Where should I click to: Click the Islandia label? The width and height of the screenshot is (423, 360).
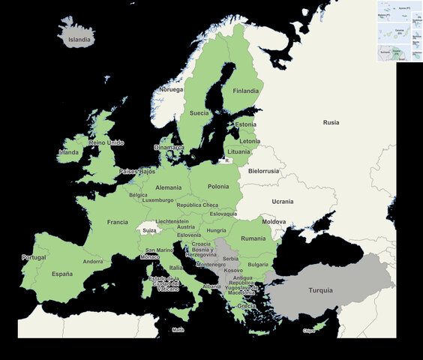click(79, 40)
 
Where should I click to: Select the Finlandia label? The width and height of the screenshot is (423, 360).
click(245, 91)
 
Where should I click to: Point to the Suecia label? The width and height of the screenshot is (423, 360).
click(199, 113)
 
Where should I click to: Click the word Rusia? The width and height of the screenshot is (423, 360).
click(331, 122)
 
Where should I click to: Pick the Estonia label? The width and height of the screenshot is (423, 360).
click(245, 124)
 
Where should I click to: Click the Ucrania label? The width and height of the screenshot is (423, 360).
click(283, 202)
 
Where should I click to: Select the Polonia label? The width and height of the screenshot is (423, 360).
click(218, 186)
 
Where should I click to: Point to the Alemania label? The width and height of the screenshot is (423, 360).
click(169, 187)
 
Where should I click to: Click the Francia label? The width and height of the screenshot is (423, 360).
click(118, 222)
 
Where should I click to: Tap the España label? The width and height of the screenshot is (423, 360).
click(62, 274)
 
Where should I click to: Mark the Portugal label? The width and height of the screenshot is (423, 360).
click(34, 257)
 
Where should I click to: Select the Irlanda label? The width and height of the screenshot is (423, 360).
click(69, 152)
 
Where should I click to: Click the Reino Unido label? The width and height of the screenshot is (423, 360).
click(106, 142)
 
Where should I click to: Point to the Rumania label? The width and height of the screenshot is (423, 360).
click(253, 238)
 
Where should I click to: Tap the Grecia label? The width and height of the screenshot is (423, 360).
click(246, 306)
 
